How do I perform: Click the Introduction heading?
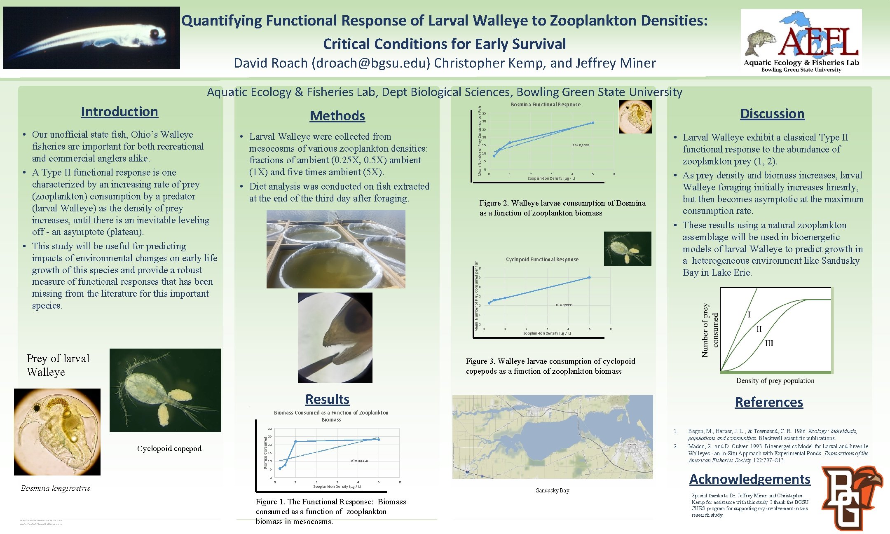click(x=119, y=112)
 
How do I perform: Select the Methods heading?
click(x=337, y=116)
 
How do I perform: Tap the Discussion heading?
click(x=772, y=114)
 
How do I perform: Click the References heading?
click(x=769, y=402)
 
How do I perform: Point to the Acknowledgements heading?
click(x=749, y=479)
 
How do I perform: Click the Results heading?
click(x=327, y=399)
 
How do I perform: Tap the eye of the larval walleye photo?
click(x=155, y=33)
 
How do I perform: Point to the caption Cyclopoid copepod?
click(x=169, y=449)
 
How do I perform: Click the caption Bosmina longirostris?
click(x=56, y=488)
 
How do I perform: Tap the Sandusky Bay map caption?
click(x=553, y=490)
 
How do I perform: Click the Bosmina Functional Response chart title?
click(x=546, y=105)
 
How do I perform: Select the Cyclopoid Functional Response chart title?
click(x=542, y=260)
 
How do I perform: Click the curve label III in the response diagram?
click(x=769, y=343)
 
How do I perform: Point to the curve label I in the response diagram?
click(x=749, y=315)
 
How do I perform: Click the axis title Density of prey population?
click(x=775, y=380)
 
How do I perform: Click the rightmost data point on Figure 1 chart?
click(x=379, y=440)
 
